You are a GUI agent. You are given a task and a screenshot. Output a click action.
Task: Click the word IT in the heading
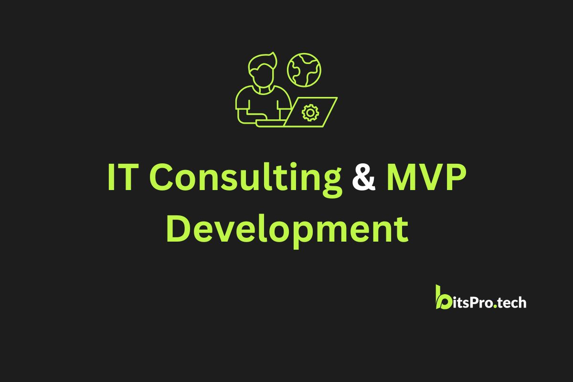(123, 177)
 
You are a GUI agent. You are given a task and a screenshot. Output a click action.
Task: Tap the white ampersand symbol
(364, 177)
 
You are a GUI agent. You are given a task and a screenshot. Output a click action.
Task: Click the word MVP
(426, 177)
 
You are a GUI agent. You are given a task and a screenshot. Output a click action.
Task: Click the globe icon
(304, 70)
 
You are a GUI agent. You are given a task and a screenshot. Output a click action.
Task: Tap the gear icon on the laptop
(310, 113)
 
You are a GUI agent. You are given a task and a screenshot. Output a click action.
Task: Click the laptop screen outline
(310, 112)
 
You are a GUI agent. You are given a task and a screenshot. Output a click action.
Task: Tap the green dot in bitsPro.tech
(495, 306)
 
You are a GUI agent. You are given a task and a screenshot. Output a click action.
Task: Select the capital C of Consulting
(160, 177)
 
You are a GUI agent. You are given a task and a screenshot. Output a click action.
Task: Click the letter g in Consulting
(332, 184)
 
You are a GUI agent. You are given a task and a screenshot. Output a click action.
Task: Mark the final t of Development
(402, 230)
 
